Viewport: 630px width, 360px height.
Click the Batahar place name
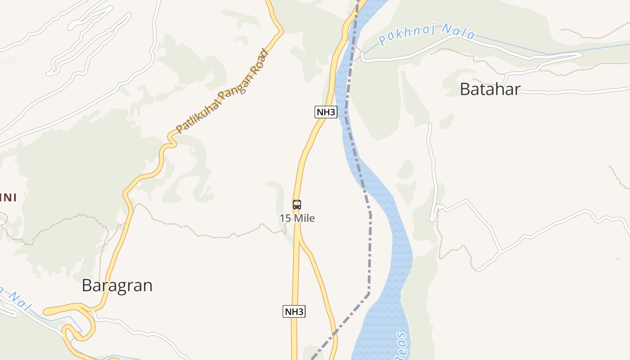click(490, 89)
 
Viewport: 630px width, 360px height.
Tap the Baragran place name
click(117, 285)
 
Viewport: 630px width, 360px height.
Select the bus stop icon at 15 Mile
click(297, 205)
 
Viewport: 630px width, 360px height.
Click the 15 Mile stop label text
click(297, 218)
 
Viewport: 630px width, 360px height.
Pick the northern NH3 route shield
click(326, 112)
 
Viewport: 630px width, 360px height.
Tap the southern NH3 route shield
click(294, 311)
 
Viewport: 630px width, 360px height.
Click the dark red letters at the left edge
click(8, 197)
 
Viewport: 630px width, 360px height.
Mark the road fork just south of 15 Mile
click(298, 237)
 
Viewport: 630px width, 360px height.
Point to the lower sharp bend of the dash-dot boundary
click(369, 294)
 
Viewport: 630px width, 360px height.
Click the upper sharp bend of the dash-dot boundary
click(370, 214)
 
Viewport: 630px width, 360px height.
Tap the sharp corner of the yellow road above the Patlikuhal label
click(282, 31)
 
